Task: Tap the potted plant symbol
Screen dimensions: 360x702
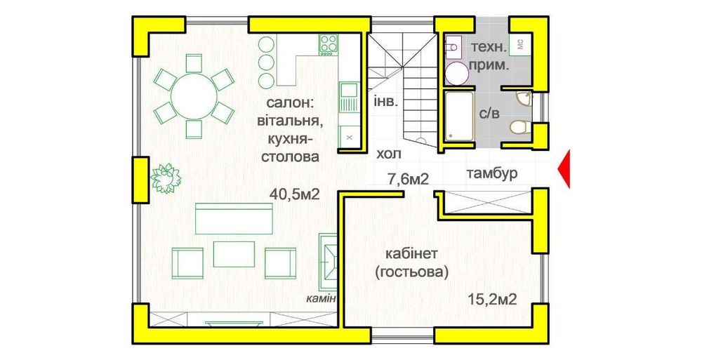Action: click(x=165, y=178)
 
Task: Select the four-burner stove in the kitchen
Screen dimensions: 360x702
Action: click(x=328, y=44)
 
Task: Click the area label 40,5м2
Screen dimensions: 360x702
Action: click(x=295, y=194)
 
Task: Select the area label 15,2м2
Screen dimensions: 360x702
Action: click(x=492, y=300)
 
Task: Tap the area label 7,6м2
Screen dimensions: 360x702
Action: click(x=408, y=179)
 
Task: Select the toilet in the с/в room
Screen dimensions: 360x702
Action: click(x=520, y=128)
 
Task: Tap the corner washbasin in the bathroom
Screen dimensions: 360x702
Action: click(x=522, y=98)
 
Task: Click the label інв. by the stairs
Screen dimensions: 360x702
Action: click(x=386, y=100)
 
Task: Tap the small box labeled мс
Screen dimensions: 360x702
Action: click(x=520, y=43)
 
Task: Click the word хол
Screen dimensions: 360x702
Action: click(x=390, y=153)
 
